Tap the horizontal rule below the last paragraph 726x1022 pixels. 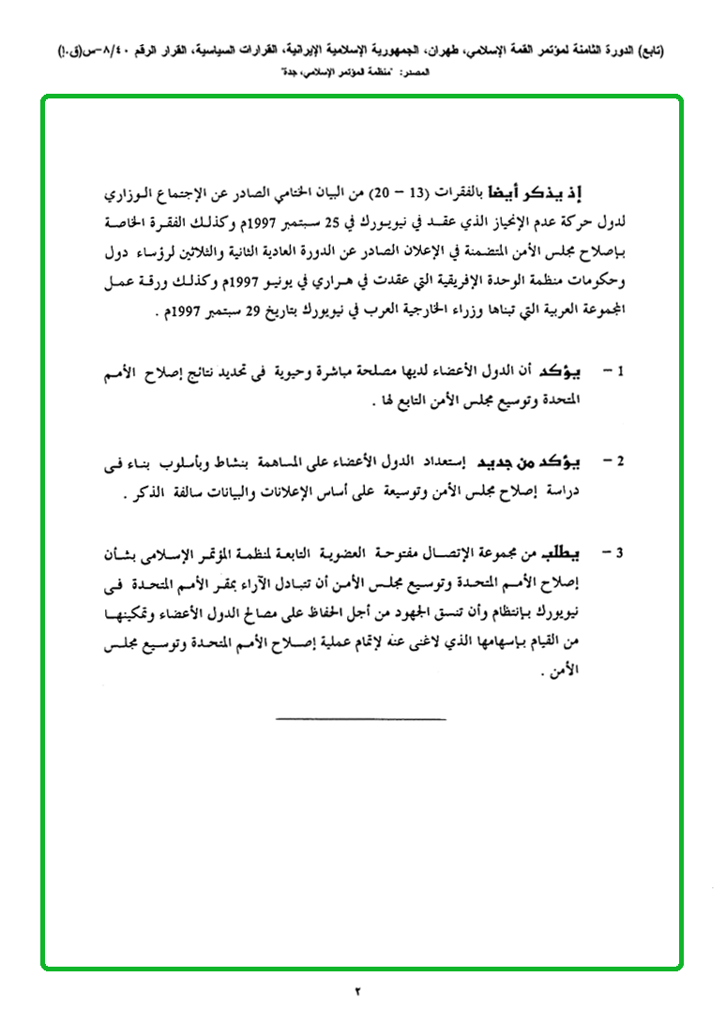click(361, 719)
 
